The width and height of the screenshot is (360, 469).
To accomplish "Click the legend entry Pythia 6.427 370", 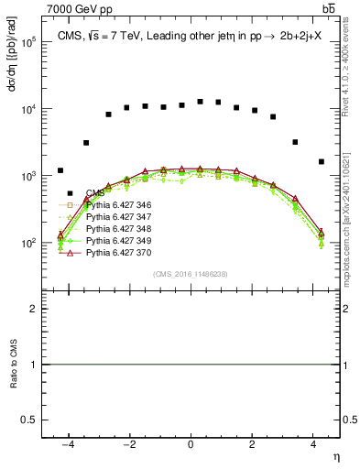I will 115,250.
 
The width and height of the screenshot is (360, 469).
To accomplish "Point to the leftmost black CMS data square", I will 60,170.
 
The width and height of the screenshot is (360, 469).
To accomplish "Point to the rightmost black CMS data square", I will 321,161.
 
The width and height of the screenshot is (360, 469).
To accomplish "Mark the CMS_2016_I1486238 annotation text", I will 191,275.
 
